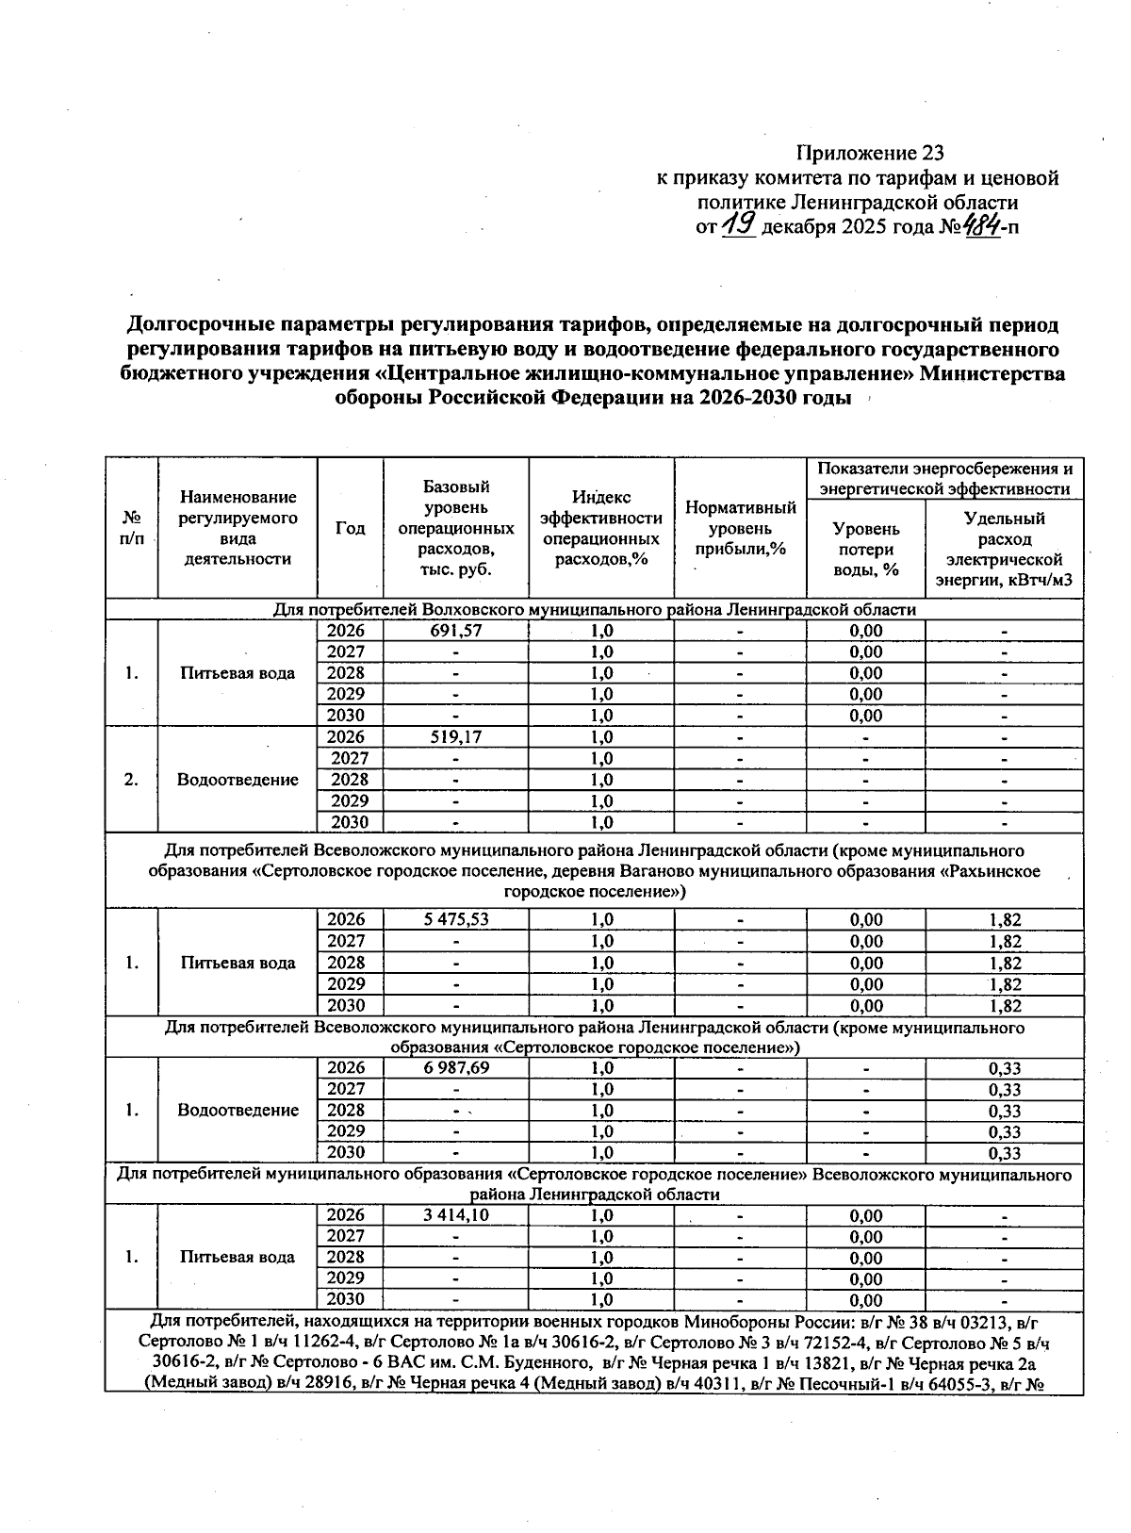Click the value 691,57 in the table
[x=456, y=631]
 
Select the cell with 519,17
[x=456, y=736]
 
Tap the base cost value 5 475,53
[x=456, y=919]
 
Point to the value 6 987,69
[x=456, y=1067]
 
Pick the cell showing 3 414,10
[x=456, y=1214]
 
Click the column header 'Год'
[x=350, y=528]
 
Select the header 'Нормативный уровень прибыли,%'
[x=740, y=528]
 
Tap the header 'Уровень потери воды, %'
[x=866, y=549]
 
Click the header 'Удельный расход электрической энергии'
[x=1004, y=549]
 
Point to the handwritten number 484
[x=982, y=227]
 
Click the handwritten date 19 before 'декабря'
[x=740, y=226]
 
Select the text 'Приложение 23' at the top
[x=870, y=153]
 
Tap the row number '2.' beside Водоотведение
[x=131, y=779]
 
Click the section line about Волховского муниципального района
[x=594, y=609]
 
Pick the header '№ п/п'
[x=131, y=528]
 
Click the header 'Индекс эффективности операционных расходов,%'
[x=600, y=528]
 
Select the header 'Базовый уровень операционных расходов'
[x=456, y=528]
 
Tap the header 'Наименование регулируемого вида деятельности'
[x=238, y=528]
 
